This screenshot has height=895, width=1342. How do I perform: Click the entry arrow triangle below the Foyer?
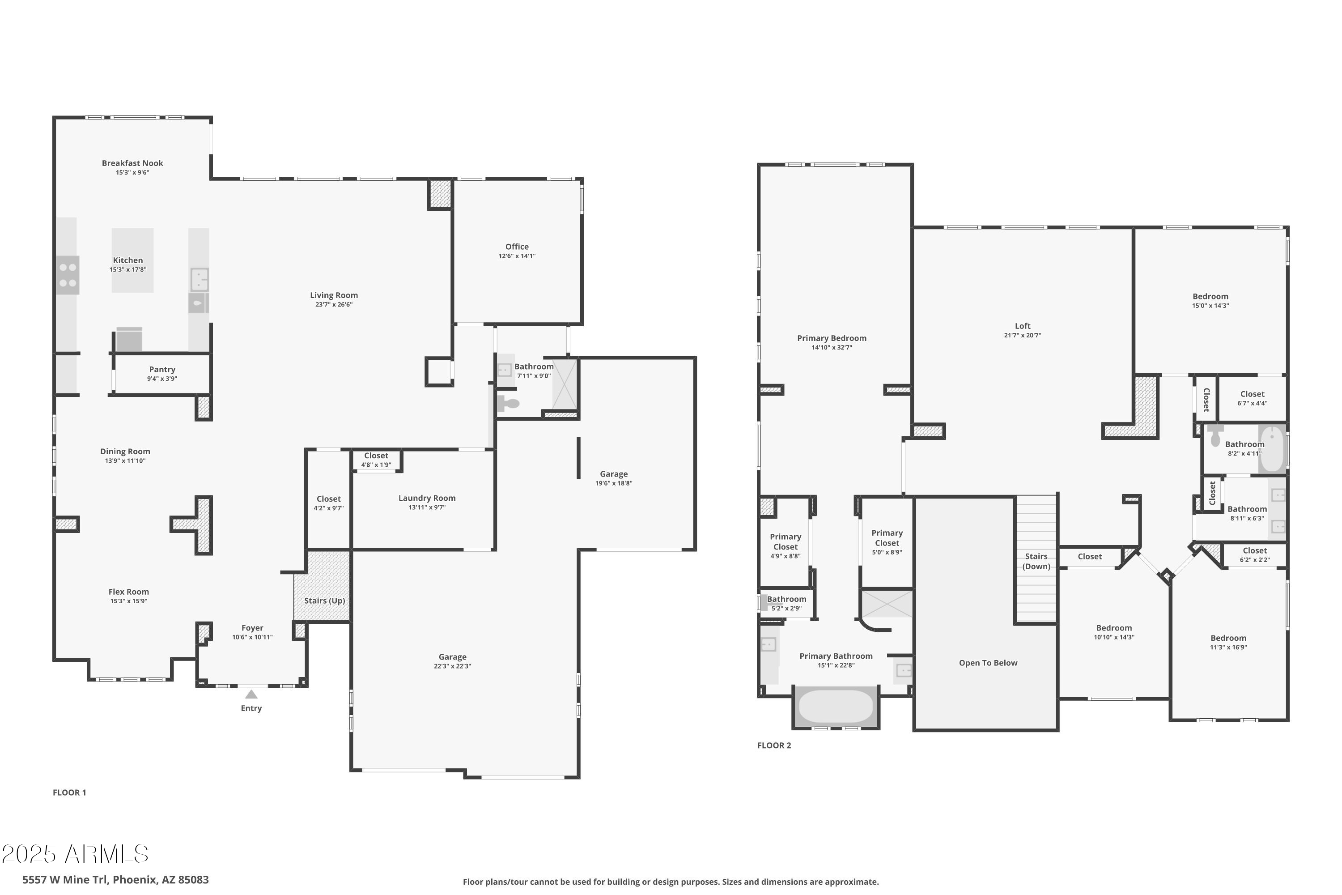tap(251, 695)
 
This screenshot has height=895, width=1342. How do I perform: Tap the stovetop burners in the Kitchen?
tap(68, 275)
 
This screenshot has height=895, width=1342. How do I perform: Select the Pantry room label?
tap(162, 369)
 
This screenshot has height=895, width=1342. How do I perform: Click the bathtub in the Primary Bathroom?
tap(835, 706)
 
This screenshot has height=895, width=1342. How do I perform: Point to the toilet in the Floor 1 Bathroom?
tap(508, 404)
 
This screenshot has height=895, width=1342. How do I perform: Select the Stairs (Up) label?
tap(324, 601)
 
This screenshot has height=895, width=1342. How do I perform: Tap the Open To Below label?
tap(988, 663)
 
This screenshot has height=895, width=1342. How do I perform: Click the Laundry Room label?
tap(427, 498)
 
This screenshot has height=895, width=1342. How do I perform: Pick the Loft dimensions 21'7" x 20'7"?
tap(1023, 336)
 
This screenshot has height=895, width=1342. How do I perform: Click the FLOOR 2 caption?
tap(774, 746)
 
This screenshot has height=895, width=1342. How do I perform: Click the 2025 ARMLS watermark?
tap(75, 854)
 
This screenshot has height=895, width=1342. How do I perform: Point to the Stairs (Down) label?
tap(1036, 561)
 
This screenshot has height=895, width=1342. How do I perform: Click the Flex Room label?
tap(128, 592)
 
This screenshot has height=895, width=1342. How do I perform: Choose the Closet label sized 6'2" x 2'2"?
tap(1255, 551)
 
